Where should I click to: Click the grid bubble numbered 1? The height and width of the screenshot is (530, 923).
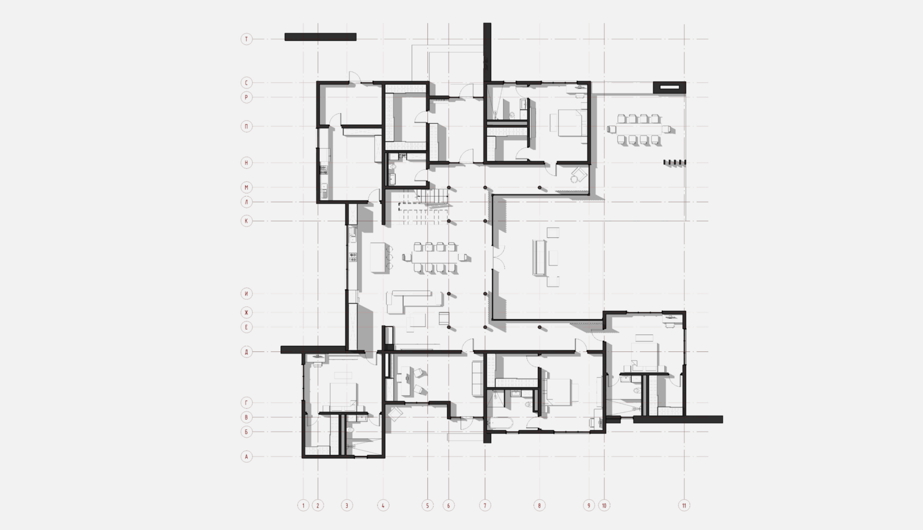click(303, 505)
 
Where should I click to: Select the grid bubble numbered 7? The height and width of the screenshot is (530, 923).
click(485, 505)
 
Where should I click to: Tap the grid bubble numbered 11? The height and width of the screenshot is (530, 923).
click(684, 505)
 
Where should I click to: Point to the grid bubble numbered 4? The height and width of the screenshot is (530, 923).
click(383, 505)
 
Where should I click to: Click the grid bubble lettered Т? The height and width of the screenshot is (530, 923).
click(246, 39)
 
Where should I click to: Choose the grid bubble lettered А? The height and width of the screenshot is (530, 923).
click(246, 456)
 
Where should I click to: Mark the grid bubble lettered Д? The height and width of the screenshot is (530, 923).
click(246, 352)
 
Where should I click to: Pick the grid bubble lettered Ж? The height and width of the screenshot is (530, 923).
click(246, 312)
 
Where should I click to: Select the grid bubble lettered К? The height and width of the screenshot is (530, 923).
click(246, 220)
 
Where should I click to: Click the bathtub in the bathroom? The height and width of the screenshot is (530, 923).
click(500, 423)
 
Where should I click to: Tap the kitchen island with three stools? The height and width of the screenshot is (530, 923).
click(380, 257)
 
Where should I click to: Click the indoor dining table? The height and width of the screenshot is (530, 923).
click(435, 257)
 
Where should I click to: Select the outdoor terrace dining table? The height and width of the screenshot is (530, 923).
click(638, 129)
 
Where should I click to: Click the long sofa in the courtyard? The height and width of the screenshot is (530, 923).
click(538, 257)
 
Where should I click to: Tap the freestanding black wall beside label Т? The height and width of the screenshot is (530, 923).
click(320, 37)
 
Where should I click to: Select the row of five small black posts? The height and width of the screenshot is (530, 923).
click(675, 162)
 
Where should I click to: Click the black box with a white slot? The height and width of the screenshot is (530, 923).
click(670, 87)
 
